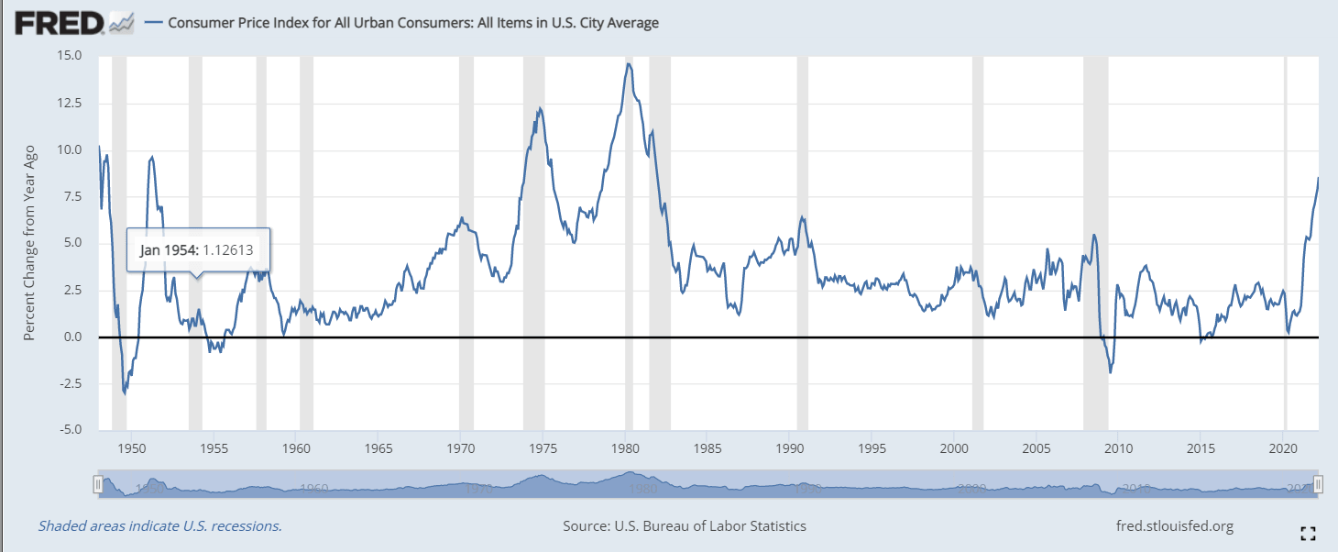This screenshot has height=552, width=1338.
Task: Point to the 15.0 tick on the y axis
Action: click(70, 56)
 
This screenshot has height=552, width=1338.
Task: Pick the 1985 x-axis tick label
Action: click(707, 448)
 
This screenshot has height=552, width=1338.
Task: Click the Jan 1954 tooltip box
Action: click(196, 250)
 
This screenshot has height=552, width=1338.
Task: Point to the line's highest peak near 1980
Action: click(629, 63)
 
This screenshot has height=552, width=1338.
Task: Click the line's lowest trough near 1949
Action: click(124, 393)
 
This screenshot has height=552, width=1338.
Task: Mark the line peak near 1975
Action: click(540, 108)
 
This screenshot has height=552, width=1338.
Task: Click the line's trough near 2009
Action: click(1111, 372)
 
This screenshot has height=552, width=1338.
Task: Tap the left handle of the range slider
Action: click(97, 483)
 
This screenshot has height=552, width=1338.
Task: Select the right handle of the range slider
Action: click(1318, 483)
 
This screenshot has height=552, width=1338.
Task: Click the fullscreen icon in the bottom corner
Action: click(1309, 533)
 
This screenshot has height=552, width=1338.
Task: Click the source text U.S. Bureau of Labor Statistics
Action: click(685, 526)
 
